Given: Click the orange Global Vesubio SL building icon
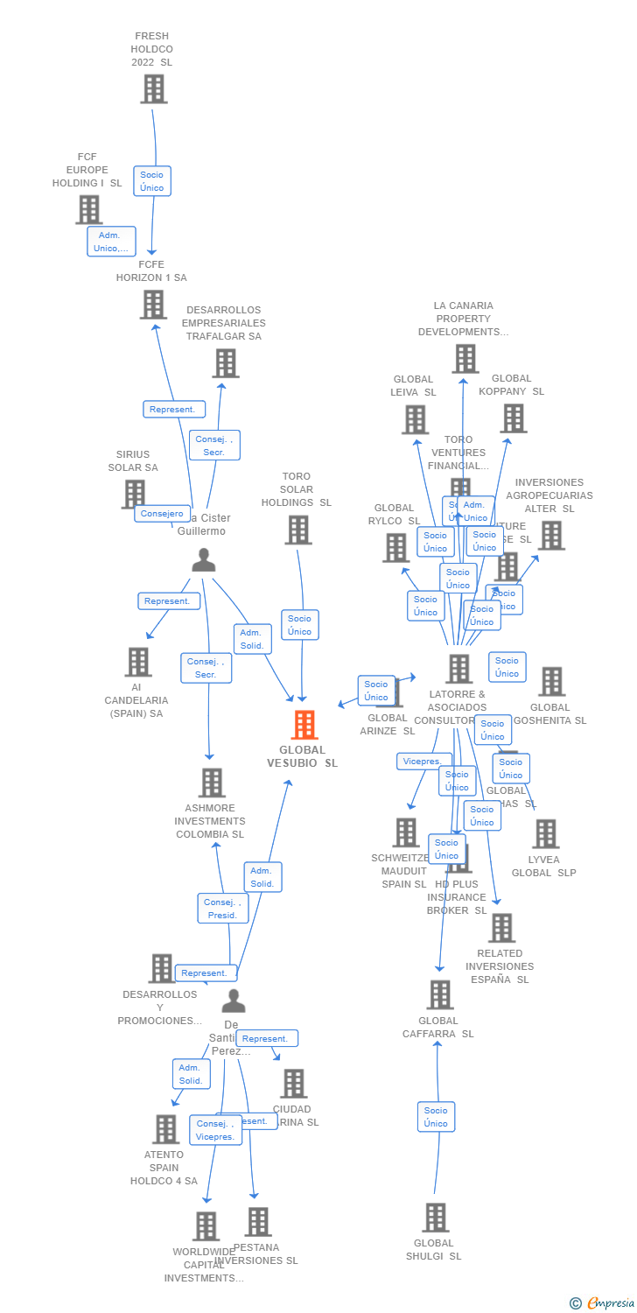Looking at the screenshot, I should (x=304, y=725).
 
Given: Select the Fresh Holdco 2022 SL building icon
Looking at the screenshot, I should (x=154, y=88).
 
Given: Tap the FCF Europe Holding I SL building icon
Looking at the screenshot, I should (x=89, y=209).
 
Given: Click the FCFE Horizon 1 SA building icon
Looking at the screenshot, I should (x=153, y=304).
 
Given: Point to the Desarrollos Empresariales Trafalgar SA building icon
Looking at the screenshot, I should (x=225, y=362).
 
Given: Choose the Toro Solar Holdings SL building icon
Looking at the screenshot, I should (x=298, y=530).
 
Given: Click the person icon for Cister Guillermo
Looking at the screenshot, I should (x=204, y=560).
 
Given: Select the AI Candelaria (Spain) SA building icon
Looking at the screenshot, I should (x=138, y=662).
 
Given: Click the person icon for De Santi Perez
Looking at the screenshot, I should (x=234, y=1001).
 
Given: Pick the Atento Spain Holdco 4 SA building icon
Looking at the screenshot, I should (x=165, y=1129).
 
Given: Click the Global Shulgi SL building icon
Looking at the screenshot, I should (x=435, y=1218).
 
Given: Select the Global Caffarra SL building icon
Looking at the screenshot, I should (x=439, y=994).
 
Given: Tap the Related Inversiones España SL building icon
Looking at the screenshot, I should (x=501, y=928).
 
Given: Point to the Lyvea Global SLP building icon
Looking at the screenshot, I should (x=545, y=833).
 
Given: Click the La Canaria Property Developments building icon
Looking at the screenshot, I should (x=465, y=358).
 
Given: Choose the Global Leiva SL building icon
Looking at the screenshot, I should (x=415, y=419).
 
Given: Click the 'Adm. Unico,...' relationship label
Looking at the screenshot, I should (x=111, y=242).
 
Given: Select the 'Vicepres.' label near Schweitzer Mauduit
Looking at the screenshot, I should (x=422, y=762).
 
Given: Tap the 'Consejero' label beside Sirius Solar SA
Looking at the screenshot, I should (x=162, y=514).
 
